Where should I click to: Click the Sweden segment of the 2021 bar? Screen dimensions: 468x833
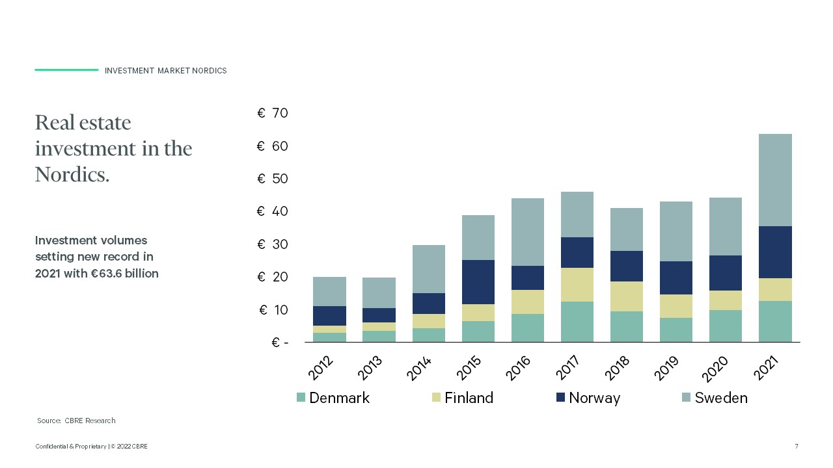point(775,180)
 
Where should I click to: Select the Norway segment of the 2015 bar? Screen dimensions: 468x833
point(478,282)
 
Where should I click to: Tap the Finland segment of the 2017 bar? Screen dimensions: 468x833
point(577,285)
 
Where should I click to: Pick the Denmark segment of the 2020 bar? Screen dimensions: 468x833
point(726,326)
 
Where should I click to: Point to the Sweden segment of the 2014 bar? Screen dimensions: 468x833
point(429,269)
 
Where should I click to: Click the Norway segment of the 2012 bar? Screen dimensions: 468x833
point(329,316)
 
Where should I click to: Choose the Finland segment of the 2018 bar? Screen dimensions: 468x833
point(627,296)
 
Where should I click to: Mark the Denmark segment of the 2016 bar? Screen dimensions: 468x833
point(528,328)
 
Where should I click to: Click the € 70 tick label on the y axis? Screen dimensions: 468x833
point(272,113)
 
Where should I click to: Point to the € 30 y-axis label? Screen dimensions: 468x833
point(272,244)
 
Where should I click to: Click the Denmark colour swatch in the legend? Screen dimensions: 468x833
point(301,397)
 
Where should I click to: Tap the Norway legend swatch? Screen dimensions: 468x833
point(560,397)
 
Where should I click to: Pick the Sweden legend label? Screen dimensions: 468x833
point(721,398)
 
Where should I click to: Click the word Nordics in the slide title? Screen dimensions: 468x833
point(72,174)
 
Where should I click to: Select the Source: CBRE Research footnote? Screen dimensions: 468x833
point(76,421)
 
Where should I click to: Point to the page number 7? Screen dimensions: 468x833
point(797,447)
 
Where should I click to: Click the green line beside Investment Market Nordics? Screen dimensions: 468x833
point(66,70)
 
